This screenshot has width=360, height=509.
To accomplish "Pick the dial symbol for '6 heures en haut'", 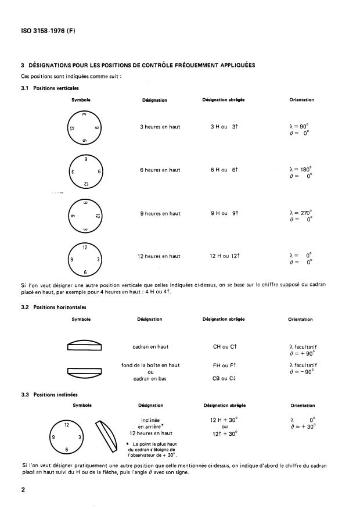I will [85, 171].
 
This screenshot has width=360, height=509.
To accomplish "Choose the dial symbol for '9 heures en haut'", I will [85, 214].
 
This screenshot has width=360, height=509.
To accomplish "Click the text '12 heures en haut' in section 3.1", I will [160, 256].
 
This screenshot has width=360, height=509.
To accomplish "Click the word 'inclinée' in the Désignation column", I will [150, 419].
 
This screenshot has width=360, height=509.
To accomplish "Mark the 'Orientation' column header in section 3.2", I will [301, 319].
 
